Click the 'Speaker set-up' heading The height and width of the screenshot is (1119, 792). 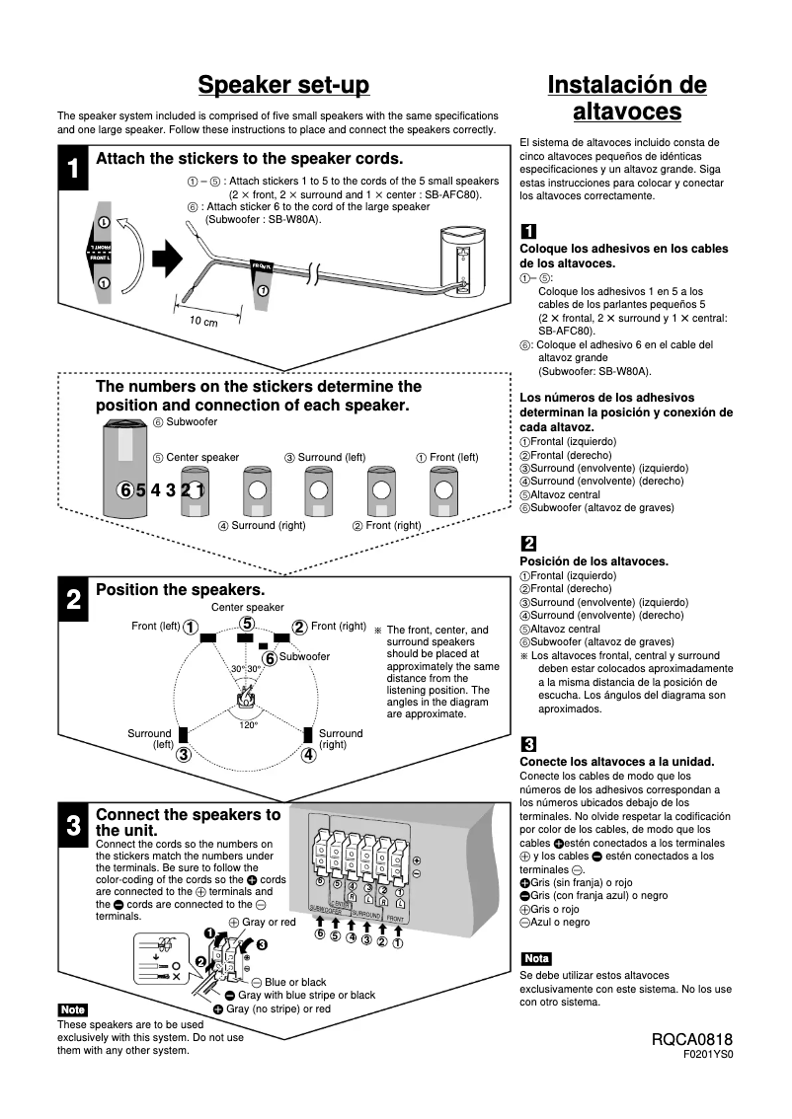(x=283, y=86)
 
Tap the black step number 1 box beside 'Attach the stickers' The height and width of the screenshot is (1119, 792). (x=72, y=169)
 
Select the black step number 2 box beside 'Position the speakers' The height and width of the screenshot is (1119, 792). (x=72, y=600)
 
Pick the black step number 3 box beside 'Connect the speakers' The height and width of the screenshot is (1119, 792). (x=72, y=826)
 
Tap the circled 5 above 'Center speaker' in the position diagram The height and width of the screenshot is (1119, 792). (x=247, y=623)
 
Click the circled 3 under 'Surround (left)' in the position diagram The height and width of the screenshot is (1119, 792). (x=184, y=756)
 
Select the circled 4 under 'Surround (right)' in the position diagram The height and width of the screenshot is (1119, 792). (x=308, y=756)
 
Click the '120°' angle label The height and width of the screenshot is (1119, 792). (x=248, y=725)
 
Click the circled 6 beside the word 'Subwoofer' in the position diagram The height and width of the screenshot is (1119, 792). (x=269, y=658)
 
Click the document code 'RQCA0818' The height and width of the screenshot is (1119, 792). (x=692, y=1040)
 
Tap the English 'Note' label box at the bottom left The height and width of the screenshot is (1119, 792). (x=73, y=1009)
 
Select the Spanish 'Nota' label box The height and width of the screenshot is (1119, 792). (x=536, y=958)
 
